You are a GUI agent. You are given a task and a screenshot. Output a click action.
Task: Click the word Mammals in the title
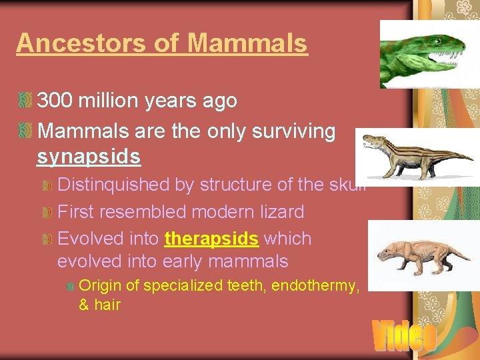[247, 43]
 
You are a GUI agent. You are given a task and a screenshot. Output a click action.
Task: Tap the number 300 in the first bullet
[55, 101]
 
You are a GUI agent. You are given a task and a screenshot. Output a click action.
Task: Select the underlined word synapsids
[89, 157]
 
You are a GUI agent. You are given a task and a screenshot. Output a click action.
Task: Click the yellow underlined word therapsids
[211, 239]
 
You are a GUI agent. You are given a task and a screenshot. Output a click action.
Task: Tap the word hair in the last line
[107, 305]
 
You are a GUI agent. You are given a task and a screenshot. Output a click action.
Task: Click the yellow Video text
[403, 336]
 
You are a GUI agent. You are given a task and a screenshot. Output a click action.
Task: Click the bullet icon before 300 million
[25, 101]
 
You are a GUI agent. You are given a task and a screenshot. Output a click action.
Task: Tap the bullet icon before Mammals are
[25, 131]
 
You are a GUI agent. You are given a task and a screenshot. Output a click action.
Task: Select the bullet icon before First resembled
[46, 213]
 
